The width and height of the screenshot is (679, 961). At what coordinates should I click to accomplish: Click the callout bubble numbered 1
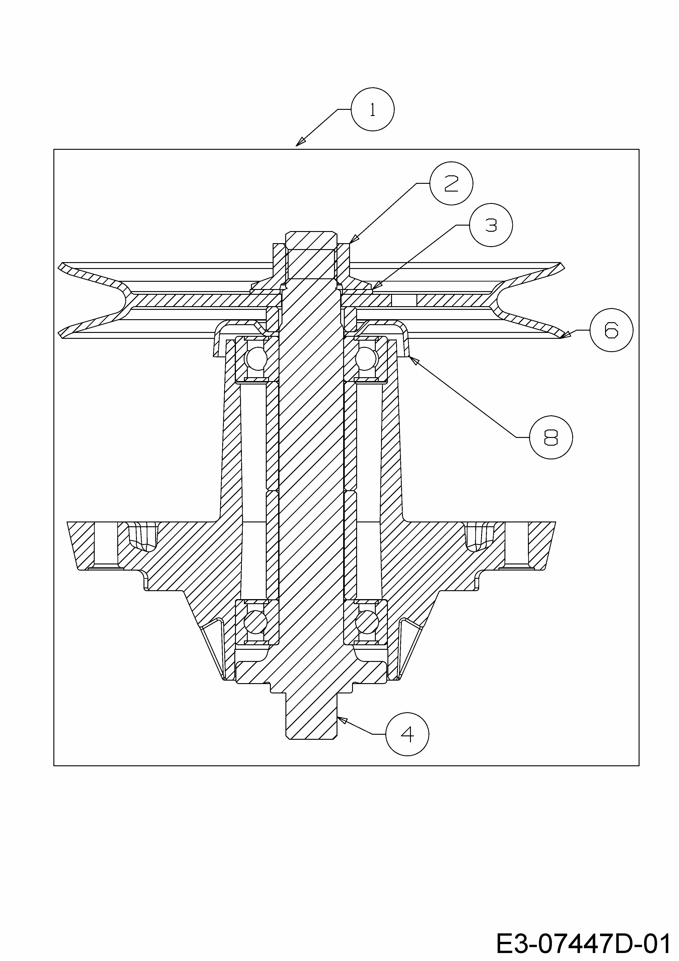pos(372,110)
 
